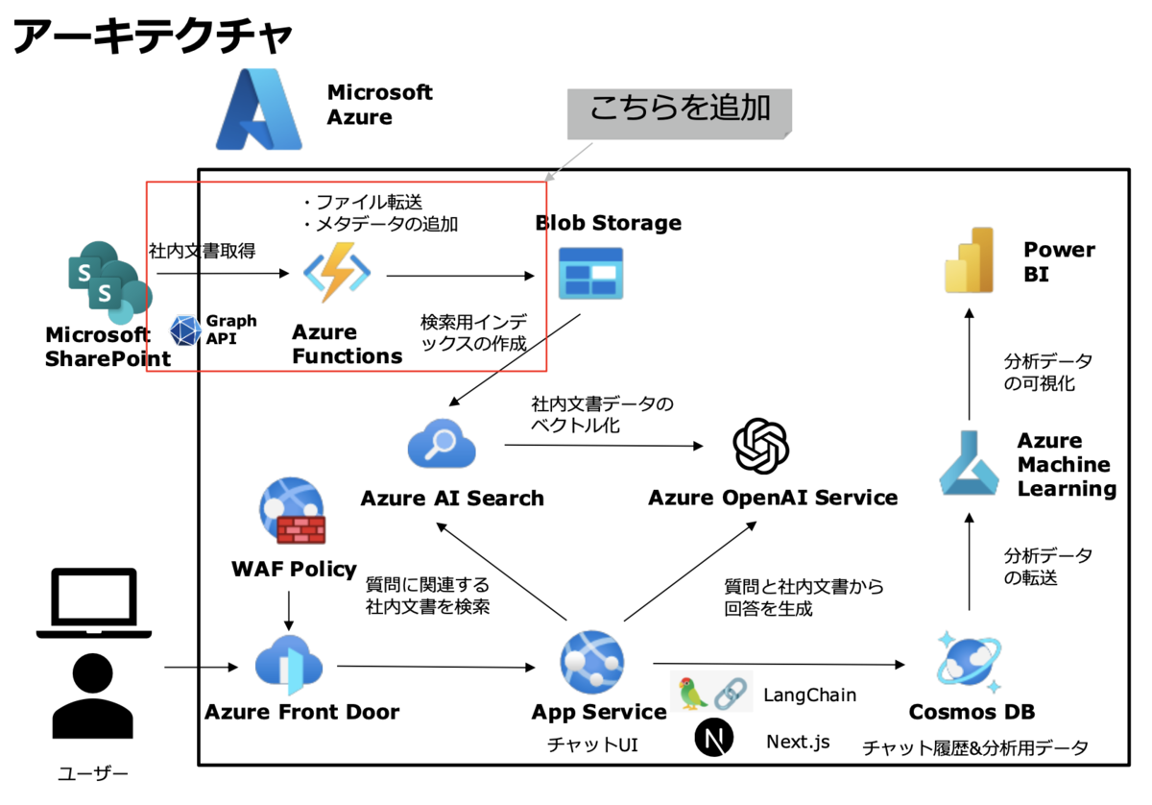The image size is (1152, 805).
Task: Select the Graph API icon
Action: pyautogui.click(x=185, y=329)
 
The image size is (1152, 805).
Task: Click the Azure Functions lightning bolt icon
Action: pyautogui.click(x=337, y=273)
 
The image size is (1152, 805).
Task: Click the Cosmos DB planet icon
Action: pyautogui.click(x=969, y=664)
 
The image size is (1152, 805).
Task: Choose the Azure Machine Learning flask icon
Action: pyautogui.click(x=969, y=464)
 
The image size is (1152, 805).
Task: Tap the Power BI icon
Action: pyautogui.click(x=968, y=260)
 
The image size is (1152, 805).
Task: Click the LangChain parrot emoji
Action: pyautogui.click(x=693, y=693)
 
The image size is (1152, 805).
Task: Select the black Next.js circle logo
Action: pyautogui.click(x=713, y=740)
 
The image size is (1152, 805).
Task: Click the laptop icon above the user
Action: pyautogui.click(x=93, y=603)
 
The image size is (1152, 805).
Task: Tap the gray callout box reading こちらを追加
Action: pyautogui.click(x=679, y=110)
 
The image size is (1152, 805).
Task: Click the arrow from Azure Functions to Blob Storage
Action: pyautogui.click(x=460, y=276)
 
